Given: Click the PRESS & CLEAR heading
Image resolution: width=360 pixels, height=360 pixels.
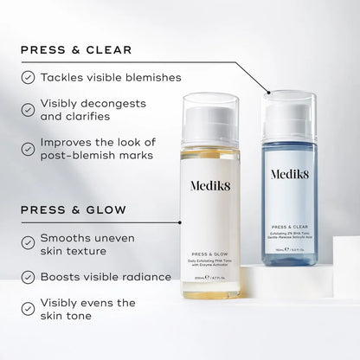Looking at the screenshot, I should tap(75, 49).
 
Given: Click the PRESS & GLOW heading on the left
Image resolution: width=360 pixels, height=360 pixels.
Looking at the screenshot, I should tap(74, 209).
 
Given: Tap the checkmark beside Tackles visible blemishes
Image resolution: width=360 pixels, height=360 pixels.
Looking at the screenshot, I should tap(28, 77).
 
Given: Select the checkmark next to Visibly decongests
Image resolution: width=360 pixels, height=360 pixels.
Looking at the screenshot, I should tap(28, 108).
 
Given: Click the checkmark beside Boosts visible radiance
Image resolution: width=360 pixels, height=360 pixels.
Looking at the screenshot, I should tap(28, 278).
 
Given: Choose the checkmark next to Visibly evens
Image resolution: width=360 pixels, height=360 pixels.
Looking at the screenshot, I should tap(28, 309).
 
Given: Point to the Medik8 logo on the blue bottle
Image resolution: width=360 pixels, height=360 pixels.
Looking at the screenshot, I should tap(296, 172).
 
